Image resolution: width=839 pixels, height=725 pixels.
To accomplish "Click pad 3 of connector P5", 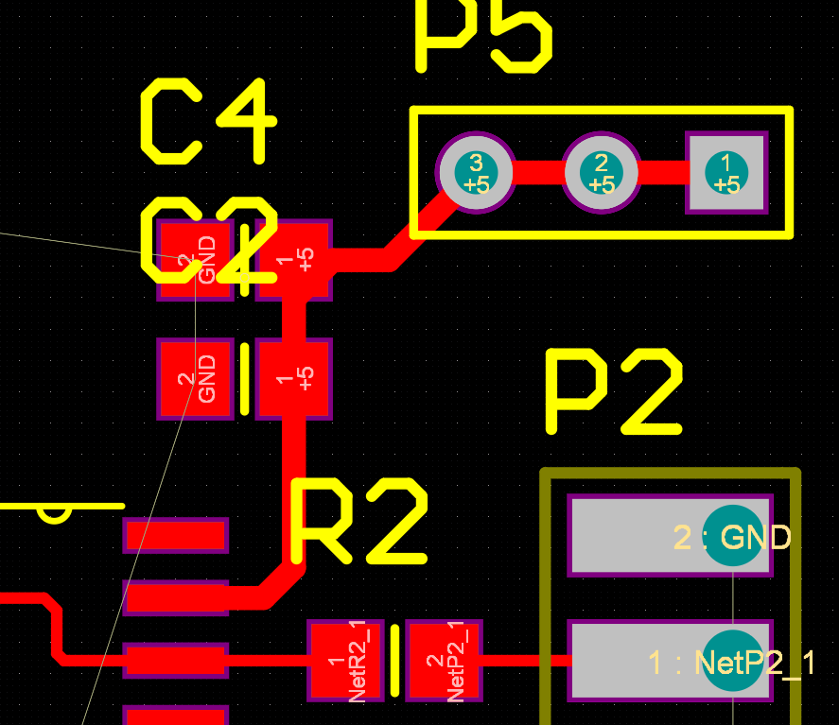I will pos(475,173).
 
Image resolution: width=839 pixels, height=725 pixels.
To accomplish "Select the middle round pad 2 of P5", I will pos(600,173).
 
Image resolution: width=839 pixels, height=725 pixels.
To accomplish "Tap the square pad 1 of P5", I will pos(726,173).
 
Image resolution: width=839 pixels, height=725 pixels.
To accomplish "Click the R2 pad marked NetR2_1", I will pos(345,661).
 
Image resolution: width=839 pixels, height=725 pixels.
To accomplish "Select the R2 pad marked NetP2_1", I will pos(444,661).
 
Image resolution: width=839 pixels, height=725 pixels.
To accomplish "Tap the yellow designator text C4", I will pos(208,121).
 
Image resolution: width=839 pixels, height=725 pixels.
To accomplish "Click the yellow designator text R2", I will pos(359,521).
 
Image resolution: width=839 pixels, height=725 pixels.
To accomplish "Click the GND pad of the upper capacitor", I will pos(195,260).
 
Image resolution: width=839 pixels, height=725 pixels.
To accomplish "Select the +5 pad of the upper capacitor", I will pos(294,260).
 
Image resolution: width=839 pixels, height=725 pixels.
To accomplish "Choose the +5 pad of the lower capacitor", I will pos(294,379).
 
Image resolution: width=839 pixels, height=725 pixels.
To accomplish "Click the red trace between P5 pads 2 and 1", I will pos(661,173).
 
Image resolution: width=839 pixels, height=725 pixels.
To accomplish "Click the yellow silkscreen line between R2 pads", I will pos(394,661).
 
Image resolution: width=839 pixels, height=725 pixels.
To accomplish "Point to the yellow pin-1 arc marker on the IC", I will pos(54,514).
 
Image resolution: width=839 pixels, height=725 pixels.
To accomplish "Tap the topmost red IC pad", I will pos(176,535).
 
